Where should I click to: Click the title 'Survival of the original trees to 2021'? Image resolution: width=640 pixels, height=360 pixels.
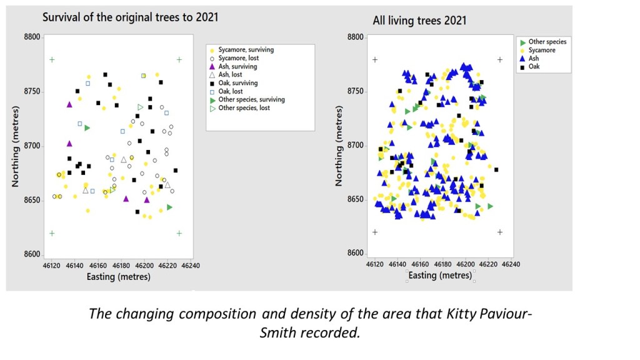pos(130,17)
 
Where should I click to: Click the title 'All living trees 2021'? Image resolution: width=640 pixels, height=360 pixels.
pos(419,21)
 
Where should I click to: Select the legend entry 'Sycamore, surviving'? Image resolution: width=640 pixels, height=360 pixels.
pos(246,49)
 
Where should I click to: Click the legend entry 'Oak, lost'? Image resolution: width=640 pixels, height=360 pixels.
pos(232,91)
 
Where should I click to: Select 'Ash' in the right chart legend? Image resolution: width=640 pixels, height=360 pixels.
pos(533,58)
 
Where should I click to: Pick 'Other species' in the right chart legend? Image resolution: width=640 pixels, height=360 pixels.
pos(547,42)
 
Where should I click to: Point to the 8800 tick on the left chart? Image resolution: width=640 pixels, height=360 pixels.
pos(32,37)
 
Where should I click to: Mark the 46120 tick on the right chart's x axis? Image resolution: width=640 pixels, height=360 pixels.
pos(375,265)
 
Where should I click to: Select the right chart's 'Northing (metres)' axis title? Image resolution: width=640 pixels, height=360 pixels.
pos(339,145)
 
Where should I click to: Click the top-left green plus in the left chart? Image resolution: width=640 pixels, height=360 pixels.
pos(52,60)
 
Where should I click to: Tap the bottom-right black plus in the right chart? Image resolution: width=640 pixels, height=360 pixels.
pos(500,232)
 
